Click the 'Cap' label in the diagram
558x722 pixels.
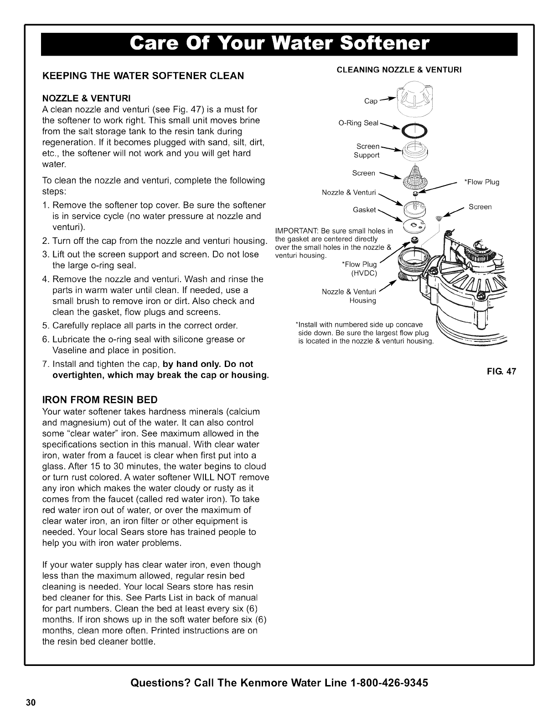(371, 101)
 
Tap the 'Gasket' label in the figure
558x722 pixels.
(364, 210)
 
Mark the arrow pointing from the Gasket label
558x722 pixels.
(391, 217)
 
